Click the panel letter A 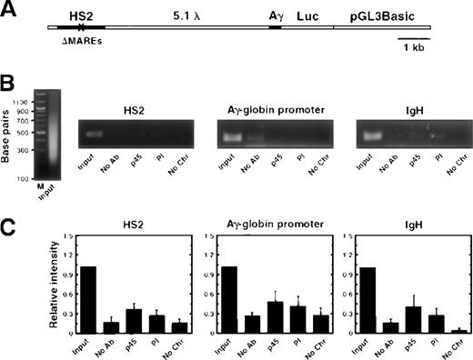(9, 13)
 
